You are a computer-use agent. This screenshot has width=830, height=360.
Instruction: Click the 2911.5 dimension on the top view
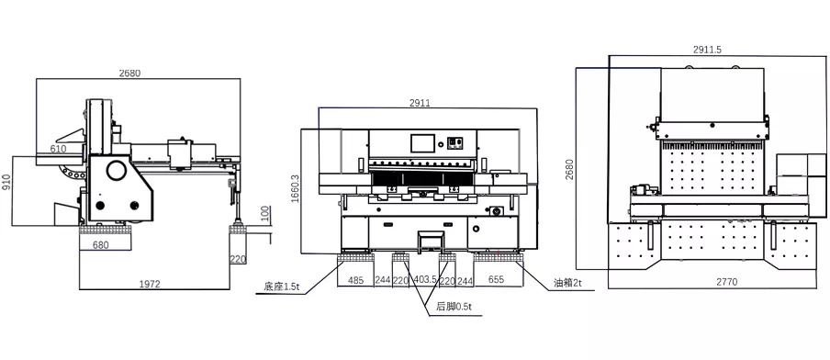[x=707, y=50]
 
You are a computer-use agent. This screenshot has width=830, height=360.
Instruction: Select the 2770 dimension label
[x=726, y=282]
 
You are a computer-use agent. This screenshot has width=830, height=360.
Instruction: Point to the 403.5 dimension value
[x=426, y=280]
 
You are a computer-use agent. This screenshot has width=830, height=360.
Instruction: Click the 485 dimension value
[x=355, y=280]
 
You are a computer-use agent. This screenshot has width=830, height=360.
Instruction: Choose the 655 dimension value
[x=496, y=279]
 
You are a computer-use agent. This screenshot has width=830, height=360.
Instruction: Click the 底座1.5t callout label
[x=282, y=287]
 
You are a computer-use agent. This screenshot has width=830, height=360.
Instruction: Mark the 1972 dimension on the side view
[x=151, y=285]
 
